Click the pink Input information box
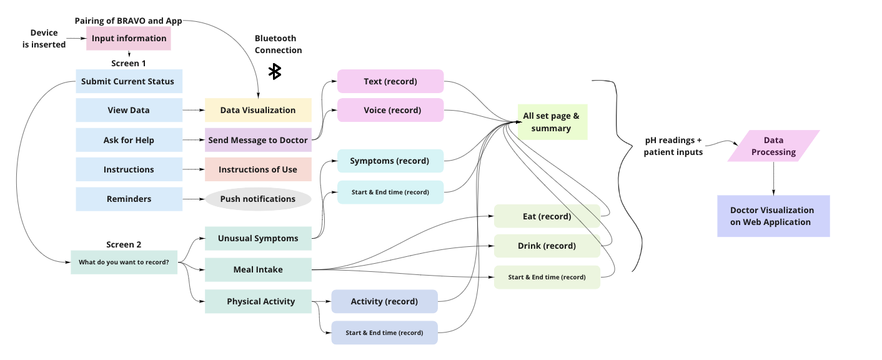click(x=129, y=39)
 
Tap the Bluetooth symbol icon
click(x=274, y=71)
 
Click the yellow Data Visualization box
click(x=258, y=110)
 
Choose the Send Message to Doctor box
click(x=258, y=140)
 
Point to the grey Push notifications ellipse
click(x=258, y=199)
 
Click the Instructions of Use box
click(x=258, y=169)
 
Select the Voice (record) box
click(x=390, y=110)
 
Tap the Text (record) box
click(x=390, y=81)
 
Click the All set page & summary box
click(x=552, y=122)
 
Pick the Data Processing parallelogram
click(x=773, y=146)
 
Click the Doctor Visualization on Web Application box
click(x=773, y=216)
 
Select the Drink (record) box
click(x=547, y=246)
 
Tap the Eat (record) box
click(x=547, y=216)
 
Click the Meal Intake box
click(x=258, y=269)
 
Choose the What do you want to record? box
click(x=124, y=262)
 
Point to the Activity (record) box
click(x=384, y=301)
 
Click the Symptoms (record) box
click(x=390, y=161)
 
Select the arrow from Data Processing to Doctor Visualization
click(x=774, y=178)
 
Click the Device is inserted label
click(x=44, y=39)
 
